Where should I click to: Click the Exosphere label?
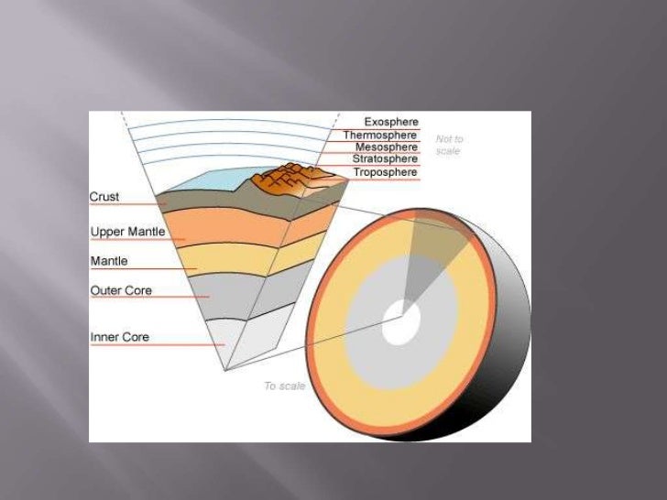click(391, 122)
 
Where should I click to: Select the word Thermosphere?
click(380, 135)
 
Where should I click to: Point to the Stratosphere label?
click(385, 159)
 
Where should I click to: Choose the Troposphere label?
click(385, 172)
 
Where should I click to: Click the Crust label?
click(104, 196)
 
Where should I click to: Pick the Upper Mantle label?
click(127, 232)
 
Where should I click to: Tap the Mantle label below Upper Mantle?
click(109, 261)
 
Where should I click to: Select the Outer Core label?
click(121, 290)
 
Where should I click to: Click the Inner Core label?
click(119, 337)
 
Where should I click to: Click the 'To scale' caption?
click(283, 386)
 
